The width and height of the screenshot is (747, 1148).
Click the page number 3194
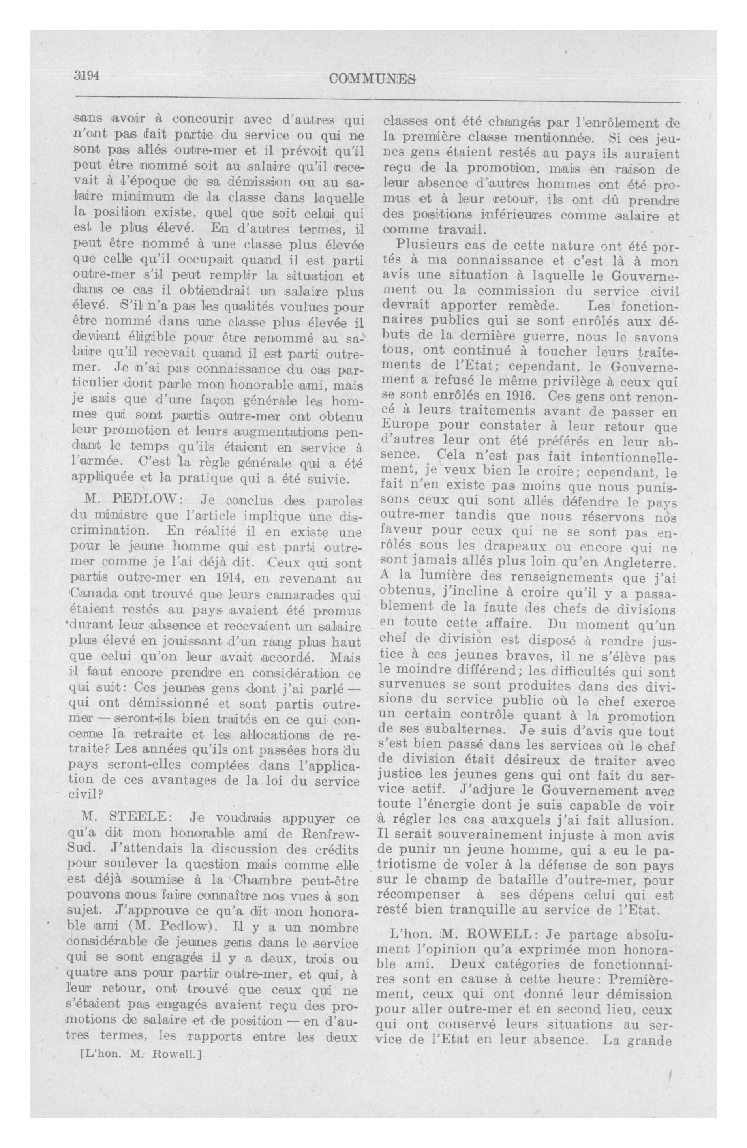86,76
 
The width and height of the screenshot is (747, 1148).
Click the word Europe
402,427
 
